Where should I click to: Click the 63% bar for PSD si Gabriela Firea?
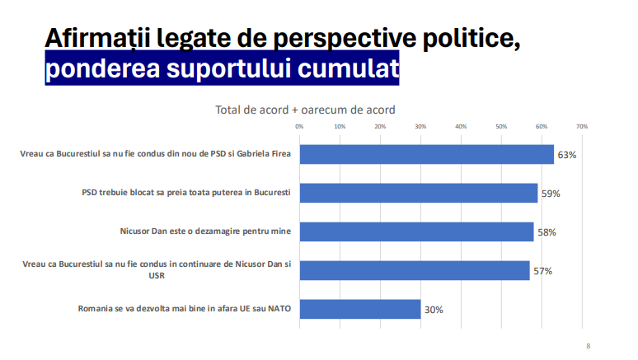(x=426, y=155)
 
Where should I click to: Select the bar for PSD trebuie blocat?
(x=418, y=194)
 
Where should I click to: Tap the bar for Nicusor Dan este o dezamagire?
(x=416, y=232)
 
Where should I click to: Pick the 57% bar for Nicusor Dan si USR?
(x=414, y=271)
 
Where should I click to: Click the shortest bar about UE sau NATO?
(x=359, y=310)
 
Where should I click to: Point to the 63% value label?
(x=566, y=155)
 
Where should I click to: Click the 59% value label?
(x=550, y=194)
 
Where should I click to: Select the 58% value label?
(x=546, y=232)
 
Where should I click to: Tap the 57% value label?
(x=542, y=271)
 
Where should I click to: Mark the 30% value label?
(x=434, y=310)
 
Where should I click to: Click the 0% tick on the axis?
(x=299, y=127)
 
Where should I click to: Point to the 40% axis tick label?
(x=461, y=127)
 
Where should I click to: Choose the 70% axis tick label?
(x=581, y=127)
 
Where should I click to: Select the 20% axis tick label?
(x=380, y=127)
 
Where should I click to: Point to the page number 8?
(x=588, y=346)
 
